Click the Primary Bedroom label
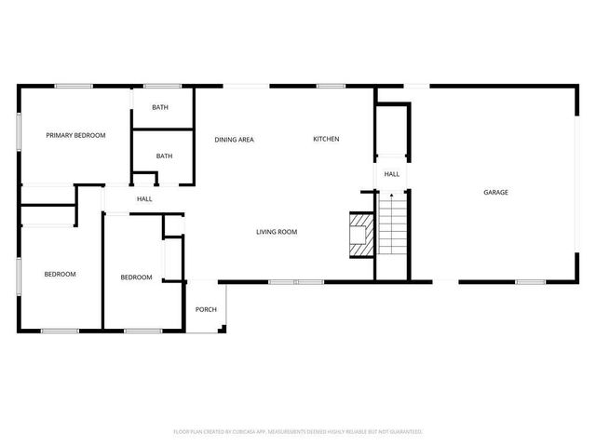pos(75,135)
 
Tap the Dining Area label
pos(234,140)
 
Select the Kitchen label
pos(326,140)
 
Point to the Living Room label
pos(277,232)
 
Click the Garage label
pos(495,193)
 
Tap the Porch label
pos(206,309)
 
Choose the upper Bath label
pos(160,108)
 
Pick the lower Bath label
pos(164,156)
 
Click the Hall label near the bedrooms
pos(144,199)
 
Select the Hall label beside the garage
pos(392,174)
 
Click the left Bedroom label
pos(60,274)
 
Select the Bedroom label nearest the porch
pos(136,277)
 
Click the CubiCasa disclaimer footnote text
pos(298,431)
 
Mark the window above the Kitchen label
pos(331,87)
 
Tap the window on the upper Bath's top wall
pos(162,87)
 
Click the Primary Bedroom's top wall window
pos(73,87)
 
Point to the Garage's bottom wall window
pos(530,281)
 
